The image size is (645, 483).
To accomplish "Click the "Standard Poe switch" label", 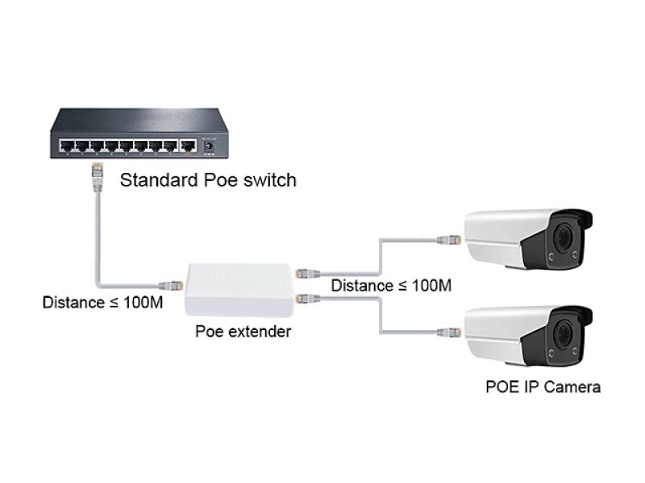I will (x=208, y=180).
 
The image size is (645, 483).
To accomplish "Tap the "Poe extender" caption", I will (x=243, y=332).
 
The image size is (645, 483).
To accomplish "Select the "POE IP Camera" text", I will (x=543, y=386).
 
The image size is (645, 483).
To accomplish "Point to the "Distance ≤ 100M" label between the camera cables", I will (x=390, y=285).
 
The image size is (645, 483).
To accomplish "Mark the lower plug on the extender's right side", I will (x=305, y=299).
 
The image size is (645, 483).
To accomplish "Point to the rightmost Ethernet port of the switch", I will (x=188, y=147).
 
